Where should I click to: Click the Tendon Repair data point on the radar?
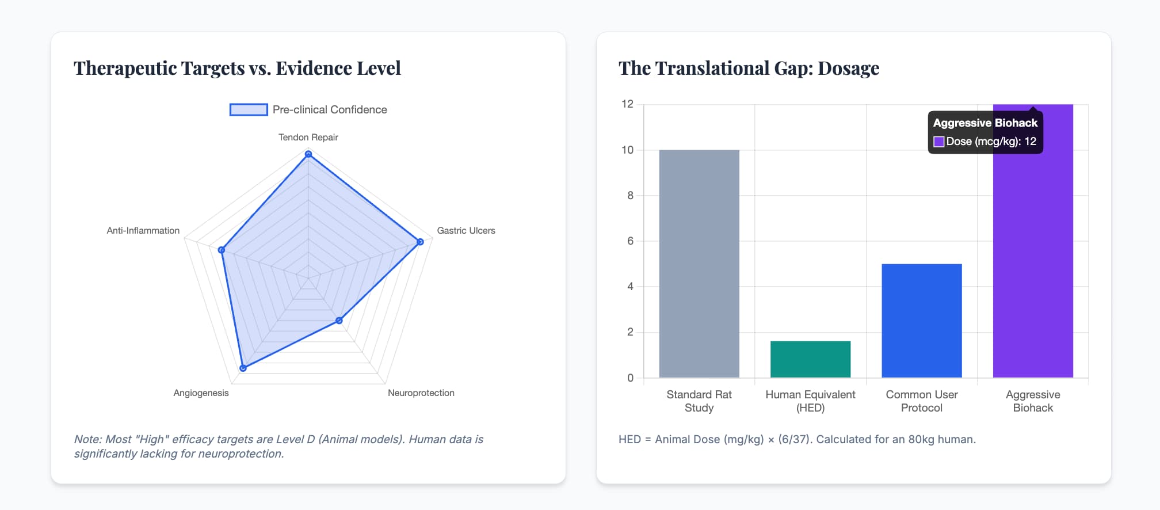point(308,154)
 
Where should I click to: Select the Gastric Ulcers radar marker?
point(420,242)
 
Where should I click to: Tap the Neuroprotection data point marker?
point(339,321)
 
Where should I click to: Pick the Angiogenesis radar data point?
point(243,368)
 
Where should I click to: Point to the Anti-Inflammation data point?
point(222,250)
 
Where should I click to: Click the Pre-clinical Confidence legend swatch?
point(249,109)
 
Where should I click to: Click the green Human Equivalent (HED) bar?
point(810,359)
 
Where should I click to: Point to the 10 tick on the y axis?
point(627,150)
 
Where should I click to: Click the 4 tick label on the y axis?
point(630,287)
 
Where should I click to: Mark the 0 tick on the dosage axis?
point(630,378)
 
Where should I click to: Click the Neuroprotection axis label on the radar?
point(421,393)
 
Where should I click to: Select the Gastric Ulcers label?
point(465,230)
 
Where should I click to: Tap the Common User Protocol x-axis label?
point(921,401)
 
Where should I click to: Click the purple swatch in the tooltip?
point(938,142)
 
